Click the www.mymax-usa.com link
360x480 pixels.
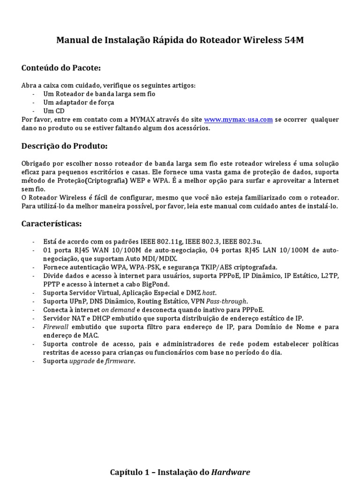pyautogui.click(x=239, y=120)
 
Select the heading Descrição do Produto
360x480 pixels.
pyautogui.click(x=64, y=146)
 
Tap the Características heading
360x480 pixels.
pyautogui.click(x=52, y=224)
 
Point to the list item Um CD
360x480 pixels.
pyautogui.click(x=53, y=111)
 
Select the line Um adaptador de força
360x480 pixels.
pyautogui.click(x=78, y=102)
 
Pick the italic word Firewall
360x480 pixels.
pyautogui.click(x=56, y=327)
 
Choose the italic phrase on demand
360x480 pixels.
pyautogui.click(x=118, y=310)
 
